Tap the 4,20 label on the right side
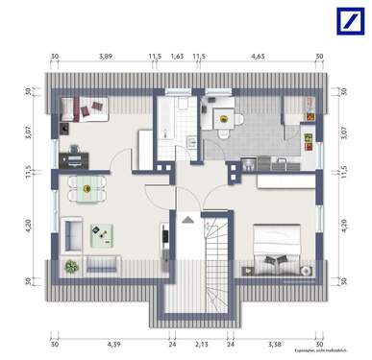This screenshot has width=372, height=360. click(344, 228)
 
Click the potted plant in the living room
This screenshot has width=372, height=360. click(69, 262)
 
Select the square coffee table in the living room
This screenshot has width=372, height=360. click(101, 232)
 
